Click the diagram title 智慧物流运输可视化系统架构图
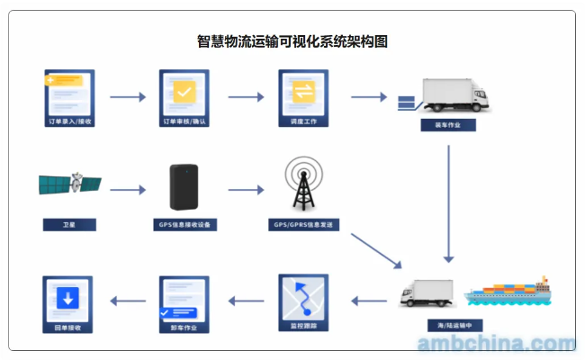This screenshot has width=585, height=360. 292,40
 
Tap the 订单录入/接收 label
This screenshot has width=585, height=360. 69,120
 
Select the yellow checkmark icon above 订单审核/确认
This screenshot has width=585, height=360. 184,92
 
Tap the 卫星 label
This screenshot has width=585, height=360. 69,224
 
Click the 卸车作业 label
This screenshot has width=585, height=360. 184,328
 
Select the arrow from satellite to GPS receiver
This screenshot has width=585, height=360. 127,190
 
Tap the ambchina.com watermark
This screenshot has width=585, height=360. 496,344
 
